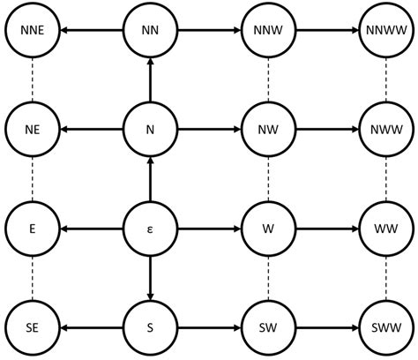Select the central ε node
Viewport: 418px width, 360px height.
pyautogui.click(x=150, y=229)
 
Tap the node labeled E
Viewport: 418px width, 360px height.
pyautogui.click(x=33, y=229)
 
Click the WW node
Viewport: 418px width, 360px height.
pyautogui.click(x=385, y=229)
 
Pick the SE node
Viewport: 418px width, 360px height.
pyautogui.click(x=33, y=328)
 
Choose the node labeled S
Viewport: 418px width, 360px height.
pyautogui.click(x=150, y=328)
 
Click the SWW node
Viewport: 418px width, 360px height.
pyautogui.click(x=385, y=328)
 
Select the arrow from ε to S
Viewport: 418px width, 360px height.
pyautogui.click(x=150, y=279)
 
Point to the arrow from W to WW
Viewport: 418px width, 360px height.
pyautogui.click(x=326, y=229)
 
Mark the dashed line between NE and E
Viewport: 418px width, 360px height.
pyautogui.click(x=33, y=180)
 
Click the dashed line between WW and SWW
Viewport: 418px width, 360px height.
pyautogui.click(x=385, y=279)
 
